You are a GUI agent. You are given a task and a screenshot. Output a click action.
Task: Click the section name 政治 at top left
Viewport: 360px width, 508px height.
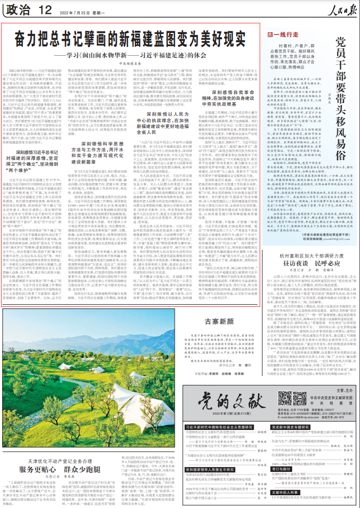coord(18,10)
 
